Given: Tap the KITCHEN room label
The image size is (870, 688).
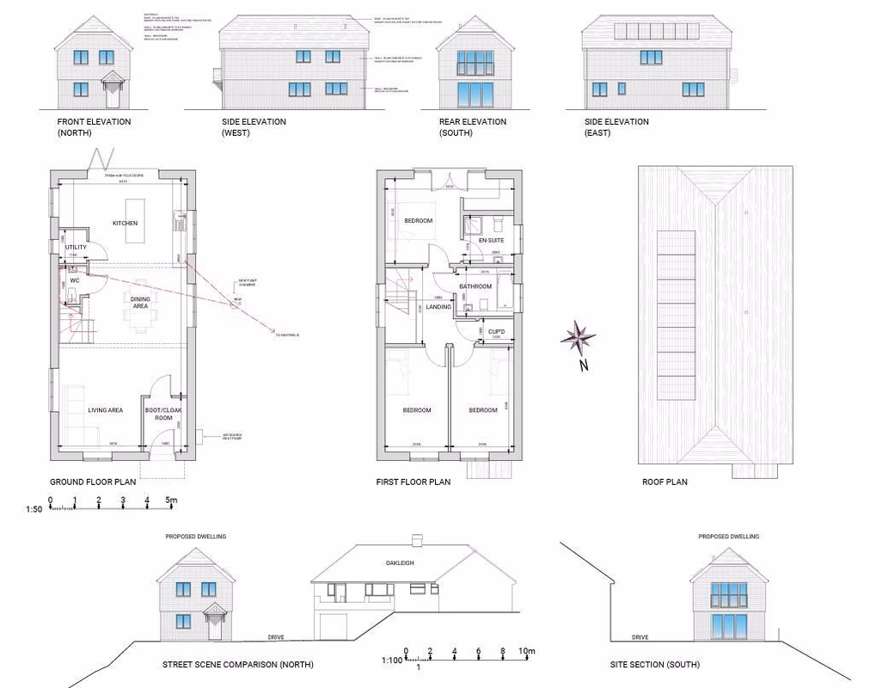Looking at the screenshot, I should pos(125,224).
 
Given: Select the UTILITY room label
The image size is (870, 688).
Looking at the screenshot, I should pos(76,248).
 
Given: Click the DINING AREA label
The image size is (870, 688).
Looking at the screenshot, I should pos(139,302).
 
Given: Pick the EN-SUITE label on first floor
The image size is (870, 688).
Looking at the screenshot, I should pos(491,241).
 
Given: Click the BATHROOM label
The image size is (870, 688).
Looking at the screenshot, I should pos(475,286).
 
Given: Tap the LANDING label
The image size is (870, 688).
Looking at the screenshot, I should pos(438,307).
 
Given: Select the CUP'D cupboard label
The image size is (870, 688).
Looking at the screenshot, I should pos(496,332).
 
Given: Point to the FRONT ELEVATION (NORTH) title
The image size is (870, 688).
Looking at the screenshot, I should pos(94,127).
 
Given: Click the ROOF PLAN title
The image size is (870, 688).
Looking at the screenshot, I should pos(665,482).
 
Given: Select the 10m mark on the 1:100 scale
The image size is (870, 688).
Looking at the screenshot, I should pos(527,651).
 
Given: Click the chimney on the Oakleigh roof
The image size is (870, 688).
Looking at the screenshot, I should pos(417,540).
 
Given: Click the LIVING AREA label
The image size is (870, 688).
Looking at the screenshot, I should pos(105,410).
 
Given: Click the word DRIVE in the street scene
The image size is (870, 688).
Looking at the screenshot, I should pos(275,638).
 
